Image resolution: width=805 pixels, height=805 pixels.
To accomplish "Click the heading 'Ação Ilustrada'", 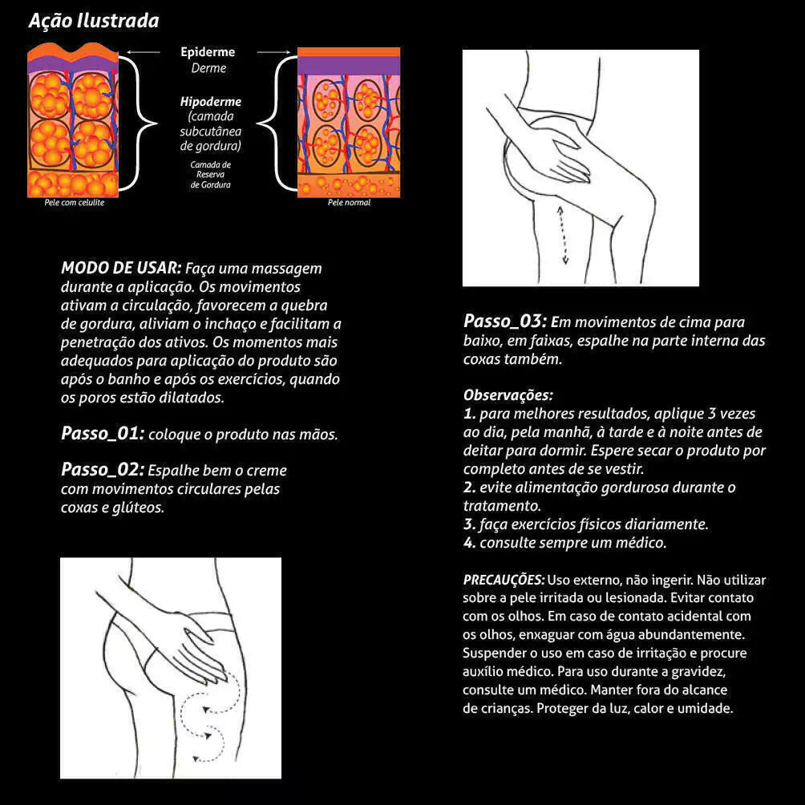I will click(94, 21).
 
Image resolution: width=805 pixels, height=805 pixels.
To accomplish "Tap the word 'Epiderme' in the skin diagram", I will click(208, 52).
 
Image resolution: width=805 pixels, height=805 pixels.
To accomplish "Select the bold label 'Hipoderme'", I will click(211, 102).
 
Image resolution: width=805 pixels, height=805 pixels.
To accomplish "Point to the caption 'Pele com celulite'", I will click(75, 203).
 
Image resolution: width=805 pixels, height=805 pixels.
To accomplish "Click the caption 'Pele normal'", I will click(349, 203).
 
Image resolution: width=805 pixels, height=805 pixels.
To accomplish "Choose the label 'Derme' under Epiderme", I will click(208, 68).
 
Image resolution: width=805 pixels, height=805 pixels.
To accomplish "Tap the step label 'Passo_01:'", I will click(103, 434).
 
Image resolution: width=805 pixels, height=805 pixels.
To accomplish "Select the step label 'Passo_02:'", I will click(103, 469).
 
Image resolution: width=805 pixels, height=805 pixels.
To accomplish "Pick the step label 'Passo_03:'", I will click(505, 322).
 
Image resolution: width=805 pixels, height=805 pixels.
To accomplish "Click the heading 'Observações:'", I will click(508, 395).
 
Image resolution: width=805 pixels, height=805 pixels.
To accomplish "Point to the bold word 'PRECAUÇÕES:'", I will click(504, 579).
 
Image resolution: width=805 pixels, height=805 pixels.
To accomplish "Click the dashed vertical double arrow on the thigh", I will click(564, 233).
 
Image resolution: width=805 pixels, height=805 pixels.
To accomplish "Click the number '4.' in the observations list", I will click(469, 543).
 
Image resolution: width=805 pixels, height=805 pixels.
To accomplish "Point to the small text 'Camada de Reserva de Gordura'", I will click(211, 175).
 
